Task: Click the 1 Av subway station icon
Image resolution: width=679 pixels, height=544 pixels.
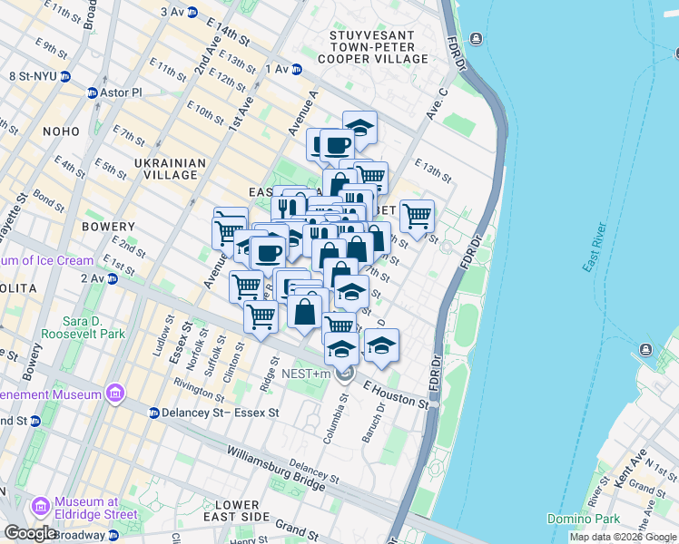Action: click(297, 69)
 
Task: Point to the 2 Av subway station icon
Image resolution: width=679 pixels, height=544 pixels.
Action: click(113, 279)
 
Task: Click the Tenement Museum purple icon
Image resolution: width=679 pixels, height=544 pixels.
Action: click(114, 394)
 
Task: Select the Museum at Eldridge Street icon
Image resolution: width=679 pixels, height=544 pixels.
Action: click(41, 505)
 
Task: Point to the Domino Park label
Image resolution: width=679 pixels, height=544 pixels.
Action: click(584, 518)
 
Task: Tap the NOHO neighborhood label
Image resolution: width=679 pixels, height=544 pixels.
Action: click(61, 131)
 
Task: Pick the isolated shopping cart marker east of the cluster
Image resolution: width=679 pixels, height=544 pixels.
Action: click(417, 217)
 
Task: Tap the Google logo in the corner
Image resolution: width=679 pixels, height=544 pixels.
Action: click(30, 533)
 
